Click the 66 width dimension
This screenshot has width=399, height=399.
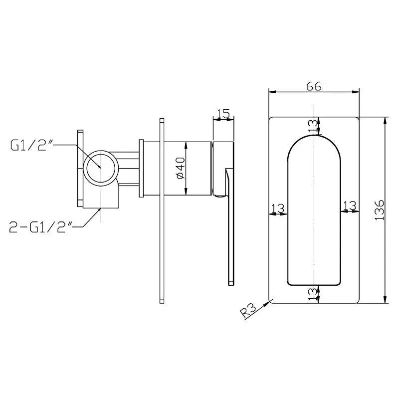click(314, 86)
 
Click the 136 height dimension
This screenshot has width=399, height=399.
click(380, 210)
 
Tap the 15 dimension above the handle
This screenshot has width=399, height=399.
click(223, 114)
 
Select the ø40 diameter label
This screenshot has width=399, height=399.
click(181, 168)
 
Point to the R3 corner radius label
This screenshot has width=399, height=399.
click(249, 311)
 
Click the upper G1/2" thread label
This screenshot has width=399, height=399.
click(31, 145)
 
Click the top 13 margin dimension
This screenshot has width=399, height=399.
click(313, 127)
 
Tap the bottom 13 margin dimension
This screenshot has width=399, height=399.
click(313, 294)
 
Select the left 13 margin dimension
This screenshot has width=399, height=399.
click(278, 208)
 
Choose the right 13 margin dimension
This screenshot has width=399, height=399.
click(350, 205)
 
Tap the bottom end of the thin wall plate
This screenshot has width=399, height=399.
click(162, 303)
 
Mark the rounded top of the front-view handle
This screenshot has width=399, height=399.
click(314, 136)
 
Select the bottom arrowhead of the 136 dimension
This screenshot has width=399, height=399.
click(385, 300)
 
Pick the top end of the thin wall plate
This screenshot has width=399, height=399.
click(162, 119)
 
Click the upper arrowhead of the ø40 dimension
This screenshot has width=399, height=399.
click(186, 145)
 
